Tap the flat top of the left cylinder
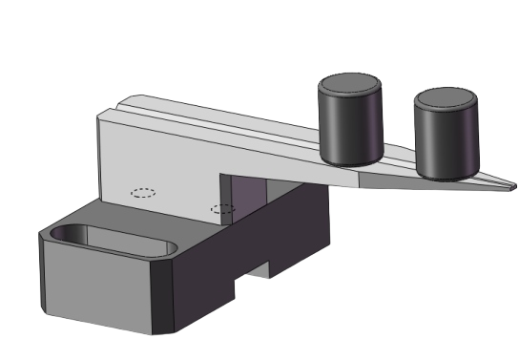[x=350, y=84]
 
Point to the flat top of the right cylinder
[x=446, y=97]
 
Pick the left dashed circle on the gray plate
[x=143, y=192]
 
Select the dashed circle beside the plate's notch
[x=222, y=208]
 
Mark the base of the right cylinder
[x=446, y=176]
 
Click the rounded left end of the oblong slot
[x=62, y=233]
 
